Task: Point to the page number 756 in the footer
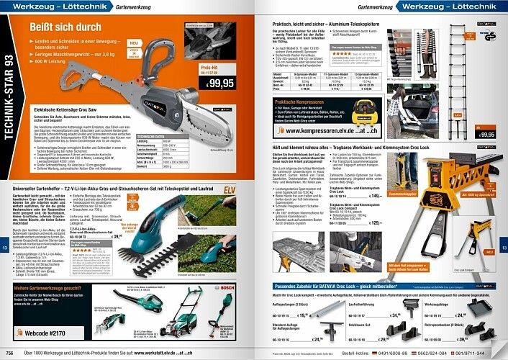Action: tap(10, 354)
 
